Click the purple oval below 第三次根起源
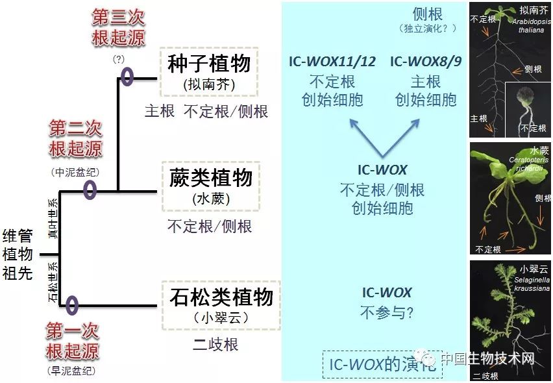point(127,77)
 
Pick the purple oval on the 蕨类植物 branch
point(90,190)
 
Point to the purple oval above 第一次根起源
point(71,304)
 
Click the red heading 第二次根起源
point(76,138)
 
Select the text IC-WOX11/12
point(332,62)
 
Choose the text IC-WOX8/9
point(426,62)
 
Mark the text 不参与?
point(387,312)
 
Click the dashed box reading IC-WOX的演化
point(382,365)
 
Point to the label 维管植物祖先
point(18,254)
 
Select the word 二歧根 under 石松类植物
point(215,344)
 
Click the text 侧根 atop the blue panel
point(428,14)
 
